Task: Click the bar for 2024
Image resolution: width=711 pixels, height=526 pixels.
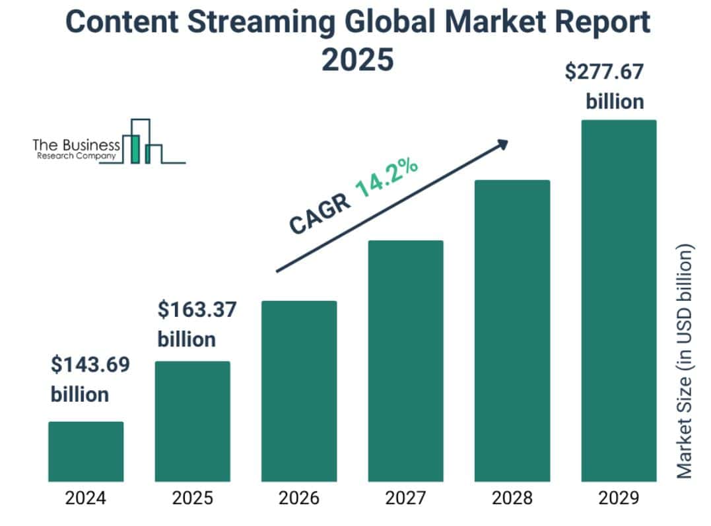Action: pyautogui.click(x=86, y=451)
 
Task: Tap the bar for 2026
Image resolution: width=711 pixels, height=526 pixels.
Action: pyautogui.click(x=299, y=391)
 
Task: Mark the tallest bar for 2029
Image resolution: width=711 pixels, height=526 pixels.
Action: pyautogui.click(x=619, y=300)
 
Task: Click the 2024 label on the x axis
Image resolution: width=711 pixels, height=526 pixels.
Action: pyautogui.click(x=86, y=498)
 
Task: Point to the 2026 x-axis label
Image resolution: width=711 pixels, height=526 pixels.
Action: pyautogui.click(x=299, y=498)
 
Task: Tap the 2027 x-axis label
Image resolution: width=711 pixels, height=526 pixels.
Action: pyautogui.click(x=405, y=498)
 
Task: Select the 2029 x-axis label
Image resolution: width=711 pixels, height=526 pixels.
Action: pyautogui.click(x=619, y=498)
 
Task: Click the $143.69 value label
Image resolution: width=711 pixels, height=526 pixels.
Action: pyautogui.click(x=90, y=364)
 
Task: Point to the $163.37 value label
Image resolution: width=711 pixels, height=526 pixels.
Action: pyautogui.click(x=197, y=310)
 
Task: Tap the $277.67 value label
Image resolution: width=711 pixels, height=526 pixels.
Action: pyautogui.click(x=604, y=72)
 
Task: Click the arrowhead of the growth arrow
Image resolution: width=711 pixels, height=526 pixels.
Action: pyautogui.click(x=503, y=143)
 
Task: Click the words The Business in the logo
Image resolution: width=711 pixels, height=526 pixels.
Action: pyautogui.click(x=77, y=145)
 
